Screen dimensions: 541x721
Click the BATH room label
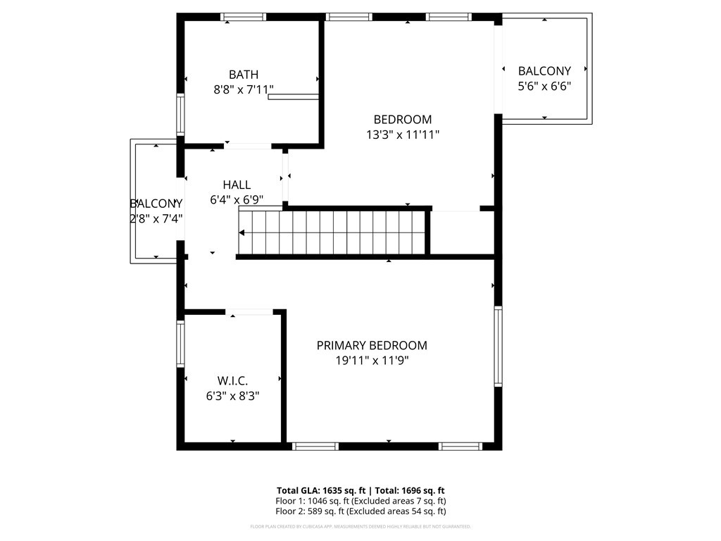pyautogui.click(x=243, y=75)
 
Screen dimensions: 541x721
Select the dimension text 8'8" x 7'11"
pyautogui.click(x=244, y=89)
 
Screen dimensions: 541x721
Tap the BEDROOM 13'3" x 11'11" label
pyautogui.click(x=402, y=120)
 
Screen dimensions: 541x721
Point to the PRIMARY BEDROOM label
pyautogui.click(x=371, y=345)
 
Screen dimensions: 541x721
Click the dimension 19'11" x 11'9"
pyautogui.click(x=371, y=361)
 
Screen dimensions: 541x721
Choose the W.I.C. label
pyautogui.click(x=232, y=381)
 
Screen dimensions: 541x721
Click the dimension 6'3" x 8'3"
pyautogui.click(x=232, y=396)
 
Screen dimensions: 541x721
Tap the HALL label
pyautogui.click(x=237, y=185)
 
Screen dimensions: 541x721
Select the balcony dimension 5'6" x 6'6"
pyautogui.click(x=544, y=86)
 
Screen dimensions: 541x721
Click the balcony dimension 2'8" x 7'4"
pyautogui.click(x=156, y=218)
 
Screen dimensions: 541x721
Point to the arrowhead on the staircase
pyautogui.click(x=242, y=232)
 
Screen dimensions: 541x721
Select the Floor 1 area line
pyautogui.click(x=360, y=501)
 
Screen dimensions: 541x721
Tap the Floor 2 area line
pyautogui.click(x=360, y=511)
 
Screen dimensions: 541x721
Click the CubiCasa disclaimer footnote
pyautogui.click(x=360, y=526)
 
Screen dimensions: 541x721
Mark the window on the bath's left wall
pyautogui.click(x=180, y=114)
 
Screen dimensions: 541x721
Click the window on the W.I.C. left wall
pyautogui.click(x=180, y=344)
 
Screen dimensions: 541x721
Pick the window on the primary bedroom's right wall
pyautogui.click(x=498, y=347)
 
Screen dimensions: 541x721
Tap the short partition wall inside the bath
pyautogui.click(x=294, y=97)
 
